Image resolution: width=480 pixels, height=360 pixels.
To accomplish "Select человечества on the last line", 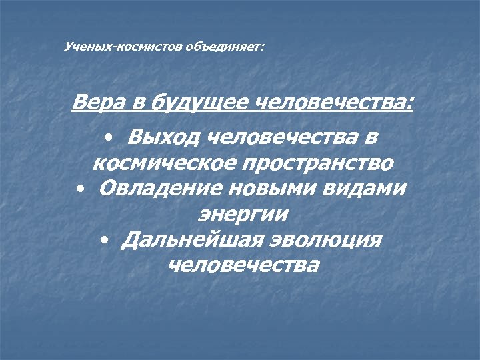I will point(243,265).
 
